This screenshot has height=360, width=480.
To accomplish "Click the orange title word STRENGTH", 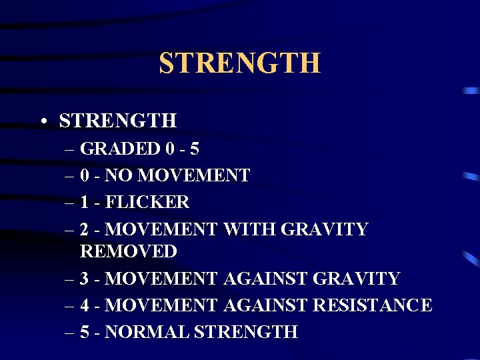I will (239, 63).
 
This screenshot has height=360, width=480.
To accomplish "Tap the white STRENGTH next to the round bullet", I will (118, 121).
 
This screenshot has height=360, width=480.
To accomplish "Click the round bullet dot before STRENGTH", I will (42, 121).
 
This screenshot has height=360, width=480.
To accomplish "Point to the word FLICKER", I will (147, 202).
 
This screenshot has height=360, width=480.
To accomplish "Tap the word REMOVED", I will (129, 251).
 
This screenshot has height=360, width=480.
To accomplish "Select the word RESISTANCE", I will (372, 305).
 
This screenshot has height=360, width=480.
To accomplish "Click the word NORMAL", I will (147, 332).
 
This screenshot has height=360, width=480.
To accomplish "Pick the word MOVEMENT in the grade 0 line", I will (194, 175).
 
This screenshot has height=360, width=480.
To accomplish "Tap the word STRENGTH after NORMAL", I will (246, 332).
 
